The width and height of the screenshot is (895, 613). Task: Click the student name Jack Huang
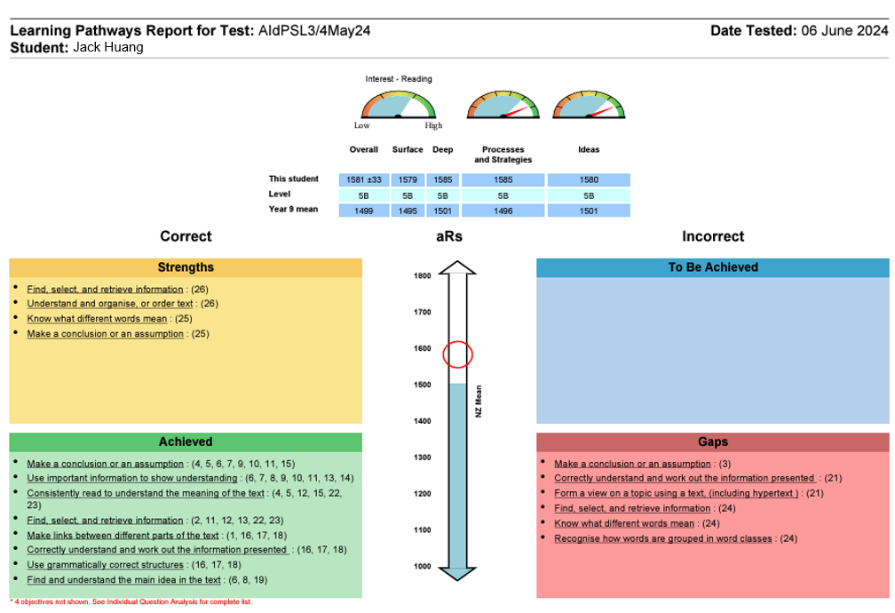pos(108,47)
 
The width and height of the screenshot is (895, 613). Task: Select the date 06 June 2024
pos(844,30)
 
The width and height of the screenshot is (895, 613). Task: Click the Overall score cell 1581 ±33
pos(364,179)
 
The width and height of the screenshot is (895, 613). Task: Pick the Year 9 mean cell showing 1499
pos(364,211)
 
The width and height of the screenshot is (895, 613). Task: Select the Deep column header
pos(442,149)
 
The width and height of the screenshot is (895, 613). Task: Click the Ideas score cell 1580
pos(589,179)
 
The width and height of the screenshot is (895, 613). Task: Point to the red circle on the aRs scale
pos(457,354)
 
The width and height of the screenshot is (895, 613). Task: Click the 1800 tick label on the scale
pos(422,275)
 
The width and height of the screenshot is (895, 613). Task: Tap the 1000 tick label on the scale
pos(422,566)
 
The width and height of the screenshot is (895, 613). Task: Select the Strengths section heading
pos(186,267)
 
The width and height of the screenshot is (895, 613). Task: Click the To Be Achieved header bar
pos(712,267)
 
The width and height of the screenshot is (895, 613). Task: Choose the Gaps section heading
pos(712,442)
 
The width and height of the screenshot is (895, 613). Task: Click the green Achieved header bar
pos(186,442)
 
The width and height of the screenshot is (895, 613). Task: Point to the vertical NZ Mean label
pos(478,402)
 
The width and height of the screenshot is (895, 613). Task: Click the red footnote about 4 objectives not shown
pos(131,602)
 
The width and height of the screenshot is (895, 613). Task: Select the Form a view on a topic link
pos(677,493)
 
